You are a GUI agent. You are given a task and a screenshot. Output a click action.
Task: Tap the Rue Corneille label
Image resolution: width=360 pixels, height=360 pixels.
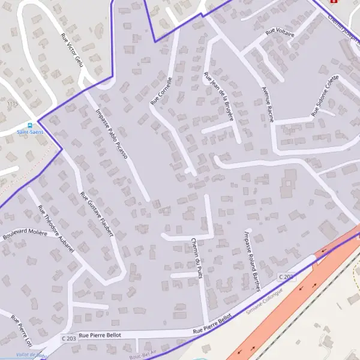pyautogui.click(x=161, y=91)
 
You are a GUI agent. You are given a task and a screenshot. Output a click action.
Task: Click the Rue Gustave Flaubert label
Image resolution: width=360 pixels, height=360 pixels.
pyautogui.click(x=97, y=214)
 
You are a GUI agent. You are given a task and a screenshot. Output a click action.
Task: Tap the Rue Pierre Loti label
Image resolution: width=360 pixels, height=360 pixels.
pyautogui.click(x=21, y=332)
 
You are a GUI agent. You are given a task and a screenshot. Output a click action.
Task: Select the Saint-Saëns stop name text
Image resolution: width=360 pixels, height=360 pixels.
pyautogui.click(x=30, y=132)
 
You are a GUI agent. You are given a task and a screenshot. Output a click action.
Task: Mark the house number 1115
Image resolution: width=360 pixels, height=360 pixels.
pyautogui.click(x=13, y=104)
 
